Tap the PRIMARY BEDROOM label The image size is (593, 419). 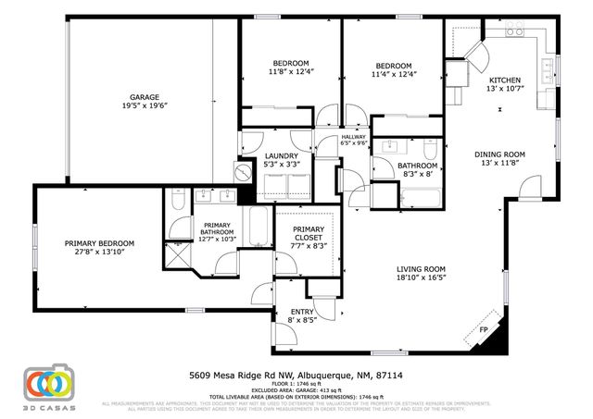99,243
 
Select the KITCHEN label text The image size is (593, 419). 505,80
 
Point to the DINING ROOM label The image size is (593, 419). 499,154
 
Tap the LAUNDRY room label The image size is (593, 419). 281,155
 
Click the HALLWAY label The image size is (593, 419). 328,137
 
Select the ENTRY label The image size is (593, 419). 302,312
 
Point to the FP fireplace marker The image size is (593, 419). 482,330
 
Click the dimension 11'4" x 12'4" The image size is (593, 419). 393,74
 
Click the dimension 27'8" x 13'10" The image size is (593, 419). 99,253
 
